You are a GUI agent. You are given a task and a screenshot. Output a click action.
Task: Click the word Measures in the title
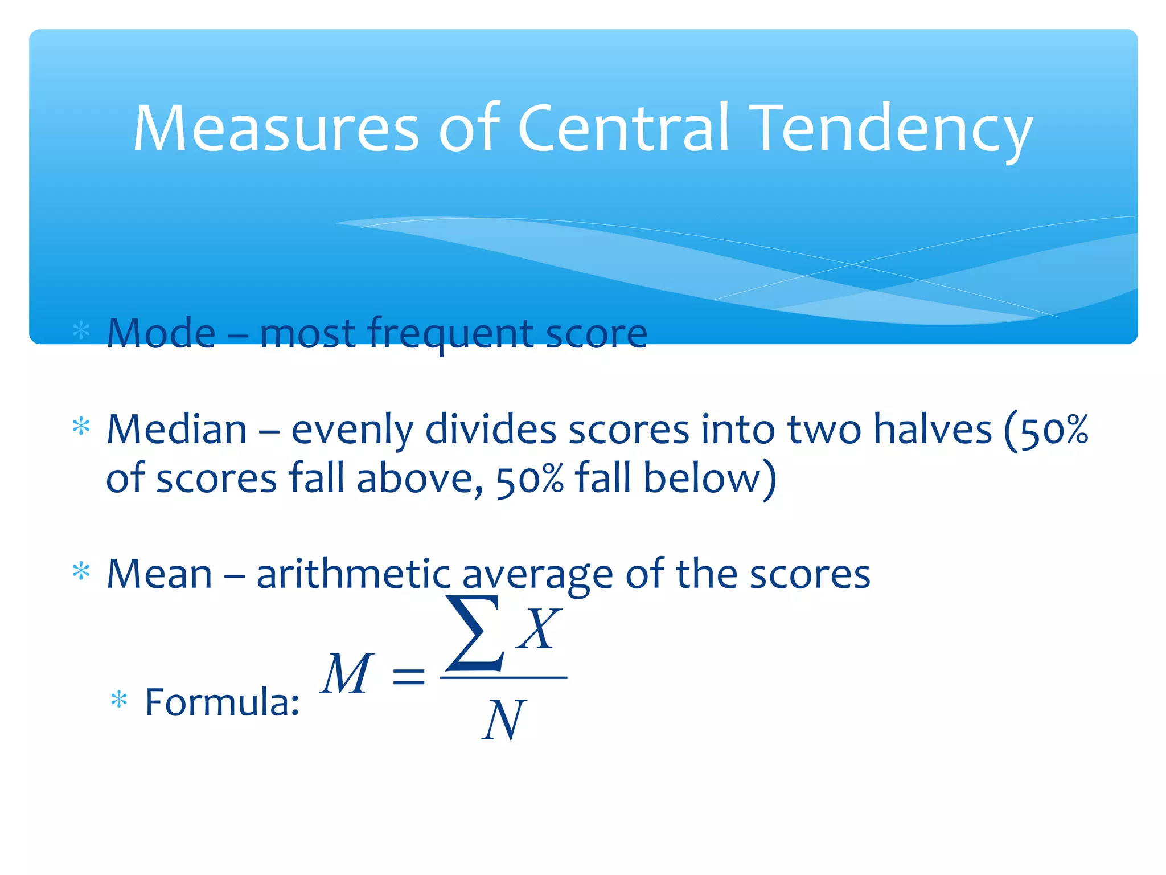(x=276, y=129)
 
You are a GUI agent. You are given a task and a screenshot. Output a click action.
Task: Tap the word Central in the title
(x=623, y=129)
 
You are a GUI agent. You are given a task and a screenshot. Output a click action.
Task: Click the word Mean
(x=159, y=574)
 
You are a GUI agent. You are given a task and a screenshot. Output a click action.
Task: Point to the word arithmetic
(x=354, y=574)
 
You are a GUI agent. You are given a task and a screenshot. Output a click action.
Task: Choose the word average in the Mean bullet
(x=537, y=575)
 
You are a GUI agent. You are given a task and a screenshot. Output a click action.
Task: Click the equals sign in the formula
(x=409, y=676)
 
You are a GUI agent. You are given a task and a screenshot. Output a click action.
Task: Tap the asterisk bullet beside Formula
(x=119, y=700)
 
